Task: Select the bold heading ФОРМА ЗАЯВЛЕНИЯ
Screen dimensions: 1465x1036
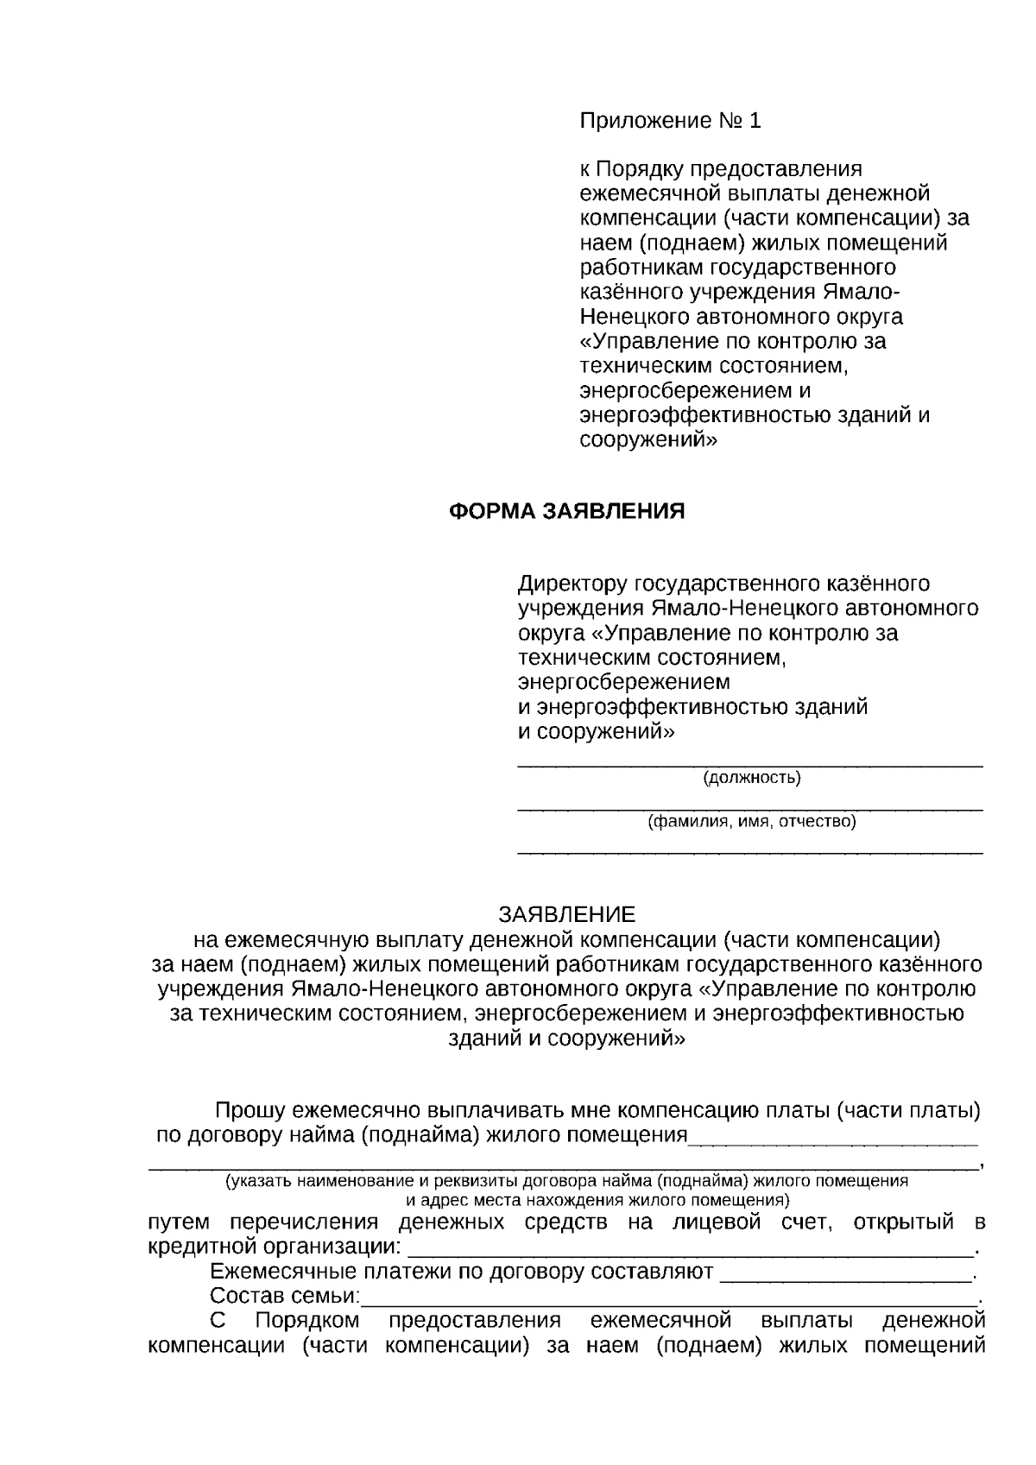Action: [x=567, y=511]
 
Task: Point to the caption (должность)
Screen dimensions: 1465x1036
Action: [x=752, y=778]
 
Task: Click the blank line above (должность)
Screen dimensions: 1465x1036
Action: [x=749, y=764]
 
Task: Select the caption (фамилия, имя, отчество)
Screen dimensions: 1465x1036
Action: [x=752, y=821]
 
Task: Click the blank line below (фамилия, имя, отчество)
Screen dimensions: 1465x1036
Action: [x=749, y=852]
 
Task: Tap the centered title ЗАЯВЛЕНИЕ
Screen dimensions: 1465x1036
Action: [x=566, y=914]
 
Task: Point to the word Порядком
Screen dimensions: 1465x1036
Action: [x=307, y=1321]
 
